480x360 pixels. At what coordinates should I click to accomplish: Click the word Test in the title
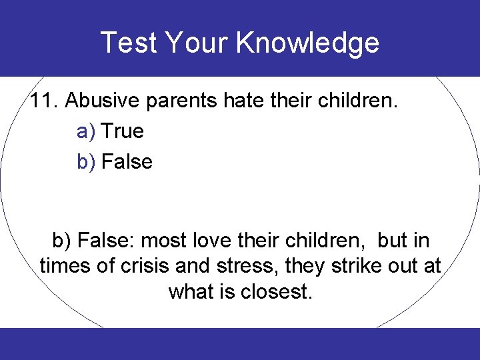click(x=129, y=43)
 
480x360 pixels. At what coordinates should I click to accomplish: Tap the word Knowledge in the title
click(x=307, y=43)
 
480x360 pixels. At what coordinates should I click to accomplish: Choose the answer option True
click(x=123, y=131)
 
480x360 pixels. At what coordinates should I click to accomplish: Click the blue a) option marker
click(x=87, y=131)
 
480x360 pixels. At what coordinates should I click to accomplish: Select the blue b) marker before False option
click(x=87, y=162)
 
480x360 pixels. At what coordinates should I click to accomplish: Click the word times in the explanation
click(x=64, y=266)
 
